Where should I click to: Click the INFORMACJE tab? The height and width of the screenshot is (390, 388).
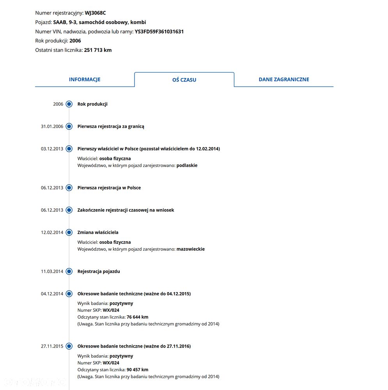85,79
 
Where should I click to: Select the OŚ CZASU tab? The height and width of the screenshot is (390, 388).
184,80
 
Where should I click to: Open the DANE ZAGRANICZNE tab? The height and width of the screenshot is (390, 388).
284,79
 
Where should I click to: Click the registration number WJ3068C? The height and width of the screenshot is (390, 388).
95,13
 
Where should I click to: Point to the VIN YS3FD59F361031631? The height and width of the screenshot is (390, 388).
159,32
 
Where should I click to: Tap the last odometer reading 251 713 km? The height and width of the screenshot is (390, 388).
98,50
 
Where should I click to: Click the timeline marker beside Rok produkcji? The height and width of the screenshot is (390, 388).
69,104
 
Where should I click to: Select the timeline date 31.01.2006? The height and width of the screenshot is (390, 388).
52,126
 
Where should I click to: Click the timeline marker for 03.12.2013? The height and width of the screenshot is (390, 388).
69,149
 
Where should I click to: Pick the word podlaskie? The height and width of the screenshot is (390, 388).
187,165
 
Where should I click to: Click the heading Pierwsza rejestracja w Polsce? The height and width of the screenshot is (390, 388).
109,188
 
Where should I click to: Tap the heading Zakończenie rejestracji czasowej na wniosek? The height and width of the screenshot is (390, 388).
126,210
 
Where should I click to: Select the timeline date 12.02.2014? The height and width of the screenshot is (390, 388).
52,232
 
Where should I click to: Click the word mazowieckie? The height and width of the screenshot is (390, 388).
191,249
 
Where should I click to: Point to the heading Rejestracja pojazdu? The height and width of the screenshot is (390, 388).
99,271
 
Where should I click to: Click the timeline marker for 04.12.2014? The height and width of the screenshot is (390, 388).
69,294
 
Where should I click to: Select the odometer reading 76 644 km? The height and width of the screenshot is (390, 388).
137,317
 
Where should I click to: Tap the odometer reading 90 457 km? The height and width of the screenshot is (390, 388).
137,370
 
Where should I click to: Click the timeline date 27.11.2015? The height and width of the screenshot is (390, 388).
52,346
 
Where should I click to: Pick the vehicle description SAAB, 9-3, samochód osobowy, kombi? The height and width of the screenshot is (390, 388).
99,22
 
